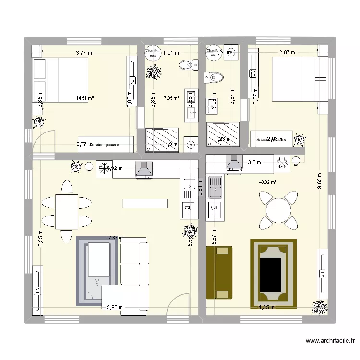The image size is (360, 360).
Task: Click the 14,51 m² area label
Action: click(84, 98)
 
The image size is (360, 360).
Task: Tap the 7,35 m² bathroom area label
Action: click(171, 98)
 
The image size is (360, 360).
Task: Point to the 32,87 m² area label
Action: click(115, 237)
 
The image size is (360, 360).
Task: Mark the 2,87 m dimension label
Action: click(287, 52)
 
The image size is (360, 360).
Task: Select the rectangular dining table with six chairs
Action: click(67, 212)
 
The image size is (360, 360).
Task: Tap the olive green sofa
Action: click(219, 272)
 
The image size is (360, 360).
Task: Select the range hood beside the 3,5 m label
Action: click(234, 163)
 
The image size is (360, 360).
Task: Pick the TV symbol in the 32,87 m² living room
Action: click(36, 290)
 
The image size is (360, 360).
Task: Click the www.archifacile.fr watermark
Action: click(330, 341)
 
